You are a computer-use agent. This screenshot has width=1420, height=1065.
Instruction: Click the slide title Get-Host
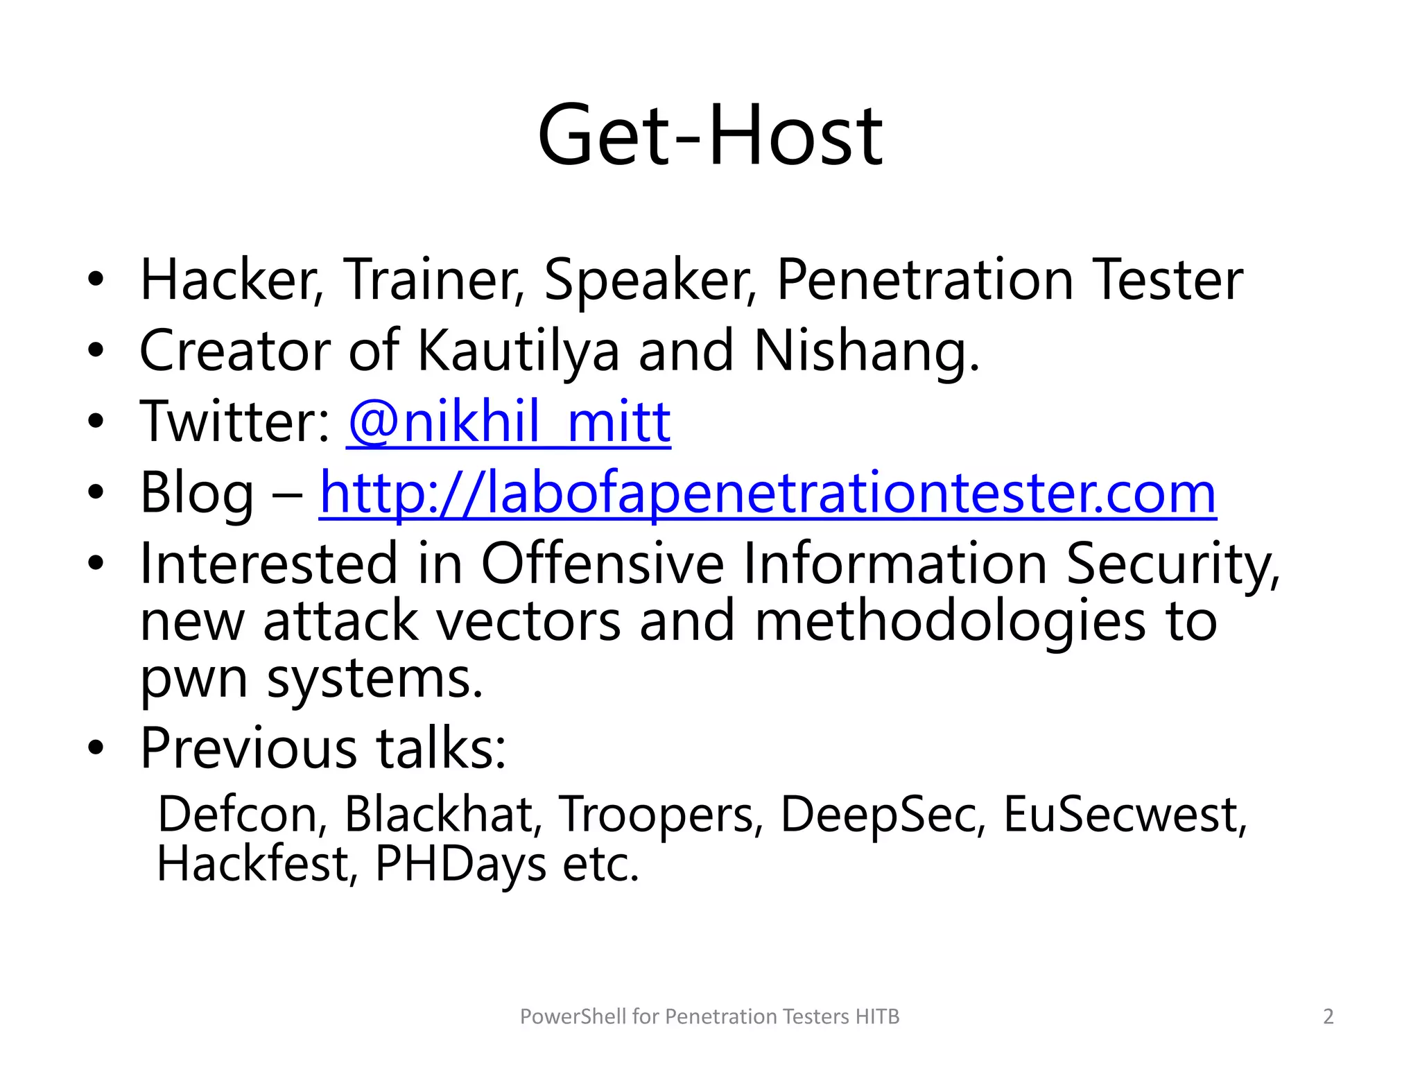pos(710,135)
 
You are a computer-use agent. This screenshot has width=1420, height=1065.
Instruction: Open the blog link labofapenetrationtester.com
pos(768,494)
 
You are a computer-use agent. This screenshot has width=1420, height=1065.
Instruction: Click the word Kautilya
pos(518,351)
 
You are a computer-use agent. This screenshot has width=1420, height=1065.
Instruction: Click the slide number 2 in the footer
pos(1328,1016)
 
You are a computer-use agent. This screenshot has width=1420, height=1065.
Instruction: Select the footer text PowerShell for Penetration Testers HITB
pos(709,1016)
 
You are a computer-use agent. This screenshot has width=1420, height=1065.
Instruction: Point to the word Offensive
pos(602,564)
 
